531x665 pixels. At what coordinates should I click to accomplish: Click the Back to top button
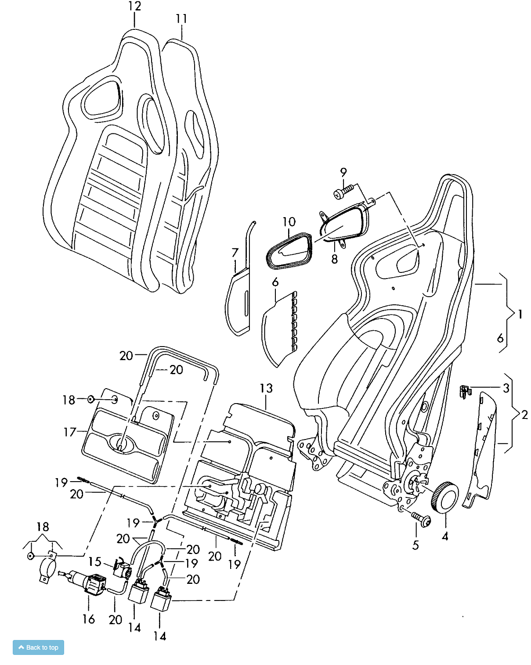coord(38,647)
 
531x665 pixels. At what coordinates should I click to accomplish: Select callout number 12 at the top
coord(134,7)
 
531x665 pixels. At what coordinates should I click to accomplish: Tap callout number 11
coord(181,19)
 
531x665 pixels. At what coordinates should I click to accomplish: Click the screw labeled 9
coord(343,192)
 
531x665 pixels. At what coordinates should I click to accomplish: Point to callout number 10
coord(289,222)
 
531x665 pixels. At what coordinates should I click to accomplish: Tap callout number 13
coord(266,389)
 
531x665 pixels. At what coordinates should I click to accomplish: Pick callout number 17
coord(70,432)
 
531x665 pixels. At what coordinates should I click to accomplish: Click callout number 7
coord(235,253)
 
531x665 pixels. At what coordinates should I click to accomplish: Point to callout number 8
coord(334,259)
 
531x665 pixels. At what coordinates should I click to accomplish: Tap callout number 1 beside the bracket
coord(520,315)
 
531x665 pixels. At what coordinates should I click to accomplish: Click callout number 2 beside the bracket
coord(524,415)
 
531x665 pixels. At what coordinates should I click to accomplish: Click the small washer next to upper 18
coord(91,399)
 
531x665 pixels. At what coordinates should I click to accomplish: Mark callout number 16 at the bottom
coord(89,619)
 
